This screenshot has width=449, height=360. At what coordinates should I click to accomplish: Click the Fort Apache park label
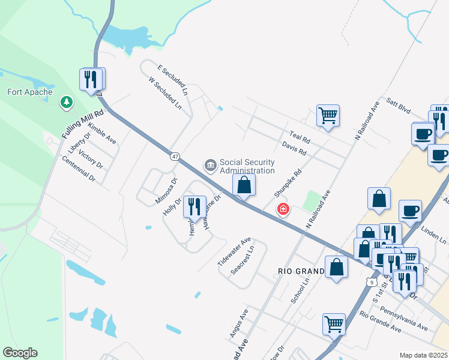30,92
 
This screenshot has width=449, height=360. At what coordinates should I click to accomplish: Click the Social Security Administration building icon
211,164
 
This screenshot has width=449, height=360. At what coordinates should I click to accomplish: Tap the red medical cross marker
282,209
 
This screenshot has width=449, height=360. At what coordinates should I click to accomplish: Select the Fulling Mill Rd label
83,124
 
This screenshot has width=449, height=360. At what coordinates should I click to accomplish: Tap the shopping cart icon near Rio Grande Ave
334,324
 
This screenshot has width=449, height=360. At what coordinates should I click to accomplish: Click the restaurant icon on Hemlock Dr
194,206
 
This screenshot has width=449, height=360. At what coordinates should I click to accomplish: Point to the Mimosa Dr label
167,190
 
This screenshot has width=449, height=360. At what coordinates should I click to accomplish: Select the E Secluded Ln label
172,81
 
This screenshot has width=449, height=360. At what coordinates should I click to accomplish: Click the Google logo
20,353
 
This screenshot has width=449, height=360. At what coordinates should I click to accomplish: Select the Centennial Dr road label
79,169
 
